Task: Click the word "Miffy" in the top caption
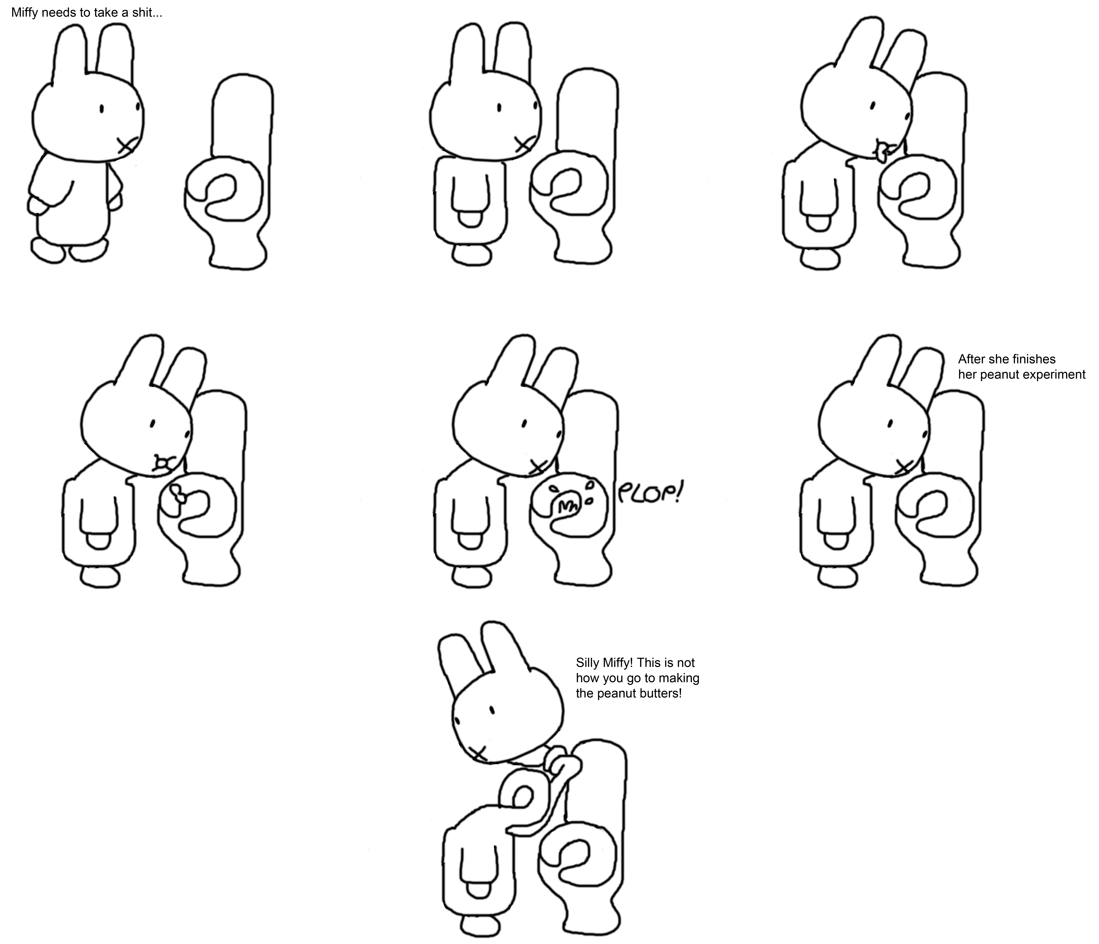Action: pos(24,13)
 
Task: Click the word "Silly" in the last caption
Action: pos(587,663)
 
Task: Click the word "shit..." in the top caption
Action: pos(147,13)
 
